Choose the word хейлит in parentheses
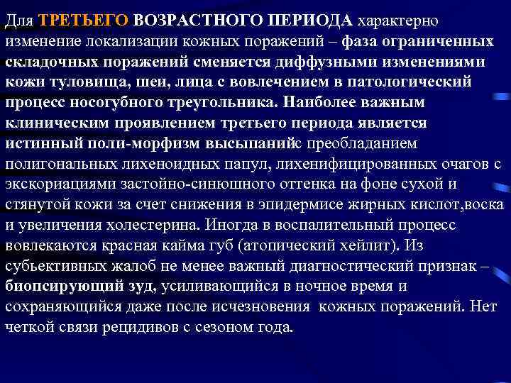tap(375, 246)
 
